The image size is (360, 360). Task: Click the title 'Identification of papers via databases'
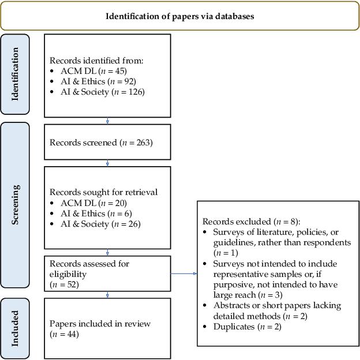point(179,16)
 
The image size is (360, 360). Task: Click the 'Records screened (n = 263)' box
point(107,142)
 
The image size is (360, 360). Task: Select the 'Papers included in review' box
point(107,328)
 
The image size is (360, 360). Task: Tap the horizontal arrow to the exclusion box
point(184,273)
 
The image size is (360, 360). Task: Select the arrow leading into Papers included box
point(108,295)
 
